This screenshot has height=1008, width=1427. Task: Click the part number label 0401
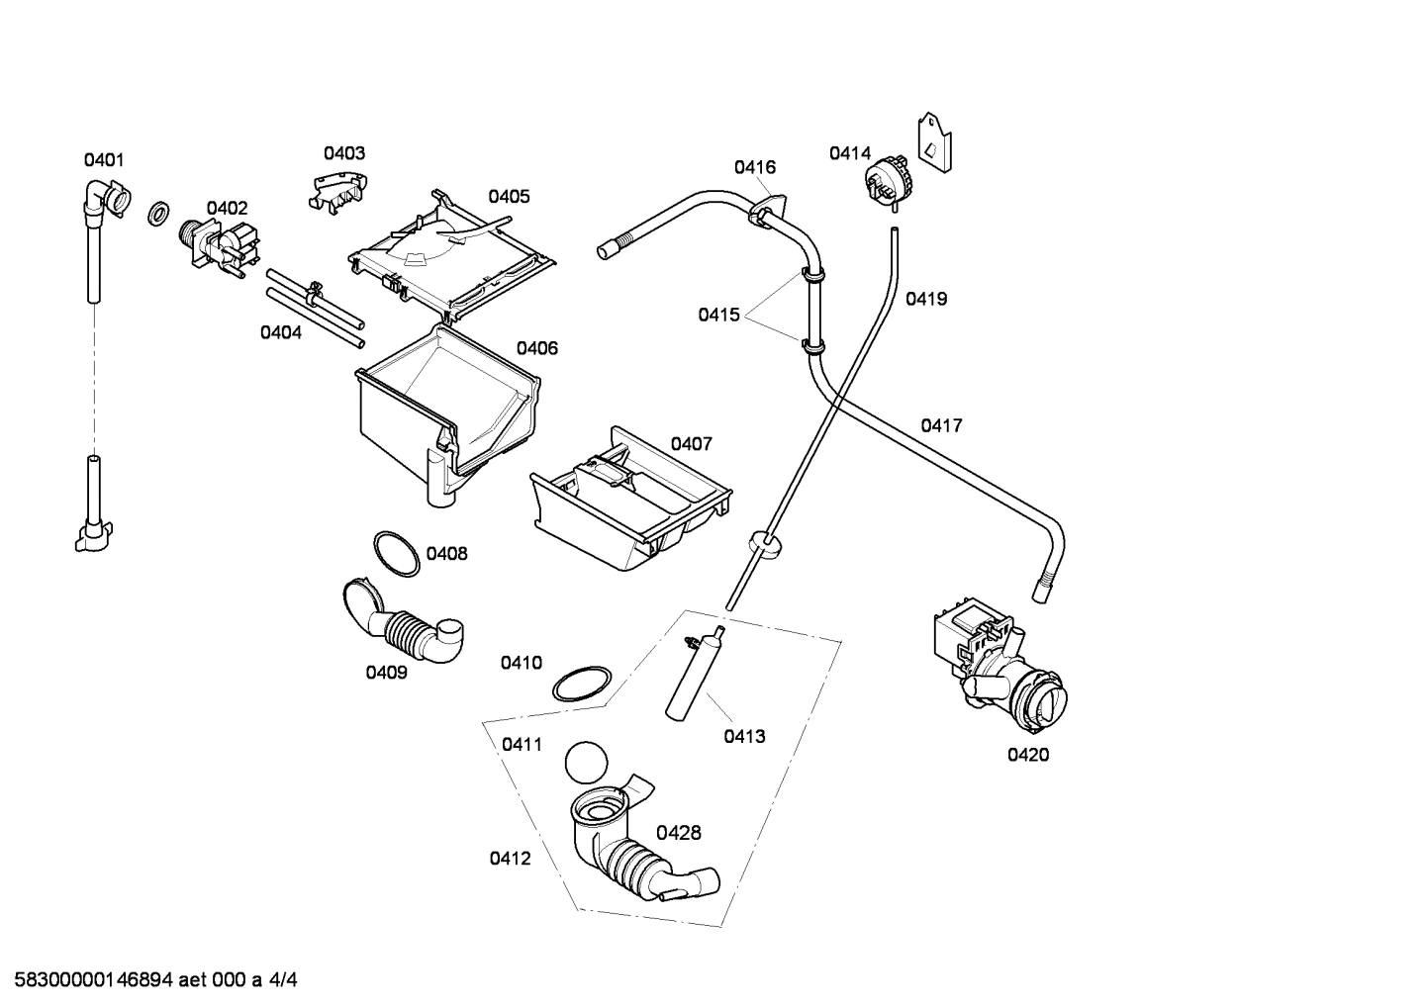pyautogui.click(x=104, y=159)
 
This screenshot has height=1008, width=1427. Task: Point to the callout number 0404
pyautogui.click(x=281, y=332)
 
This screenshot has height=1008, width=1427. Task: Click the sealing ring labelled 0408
pyautogui.click(x=396, y=553)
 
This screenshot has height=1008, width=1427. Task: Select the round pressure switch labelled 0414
pyautogui.click(x=889, y=182)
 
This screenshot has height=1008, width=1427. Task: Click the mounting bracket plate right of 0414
pyautogui.click(x=934, y=141)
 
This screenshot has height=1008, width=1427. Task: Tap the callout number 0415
pyautogui.click(x=718, y=315)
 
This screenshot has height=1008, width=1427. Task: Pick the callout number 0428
pyautogui.click(x=679, y=833)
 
